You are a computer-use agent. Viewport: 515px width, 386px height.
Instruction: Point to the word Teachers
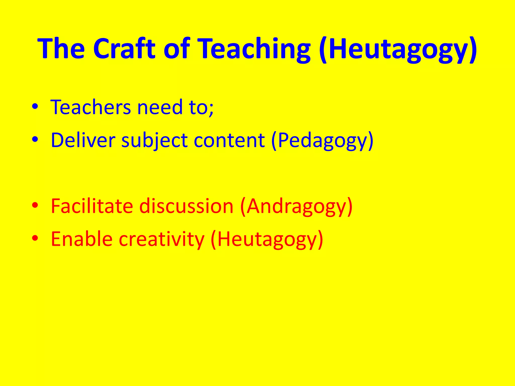coord(91,107)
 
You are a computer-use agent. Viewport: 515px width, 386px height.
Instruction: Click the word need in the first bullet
coord(160,107)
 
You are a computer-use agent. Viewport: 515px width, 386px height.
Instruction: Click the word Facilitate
coord(92,206)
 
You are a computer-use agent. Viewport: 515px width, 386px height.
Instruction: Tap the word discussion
coord(186,206)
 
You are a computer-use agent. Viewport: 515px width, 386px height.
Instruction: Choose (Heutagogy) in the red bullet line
coord(267,239)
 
